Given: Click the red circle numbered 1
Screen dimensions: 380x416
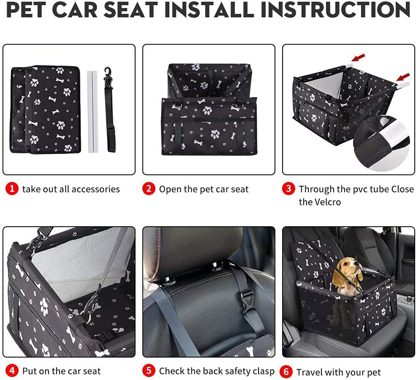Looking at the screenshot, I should [12, 189].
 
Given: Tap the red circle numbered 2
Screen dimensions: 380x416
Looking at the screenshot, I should [149, 189].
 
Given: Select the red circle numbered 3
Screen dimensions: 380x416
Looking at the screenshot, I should [288, 189].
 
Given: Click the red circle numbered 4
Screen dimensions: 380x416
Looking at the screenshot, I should [12, 370].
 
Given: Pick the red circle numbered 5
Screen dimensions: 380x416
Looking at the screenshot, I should [149, 370].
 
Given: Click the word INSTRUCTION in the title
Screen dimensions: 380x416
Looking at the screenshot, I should [336, 11].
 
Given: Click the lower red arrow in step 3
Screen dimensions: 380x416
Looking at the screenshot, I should [403, 77].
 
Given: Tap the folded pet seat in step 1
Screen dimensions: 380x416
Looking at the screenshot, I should [46, 109].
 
